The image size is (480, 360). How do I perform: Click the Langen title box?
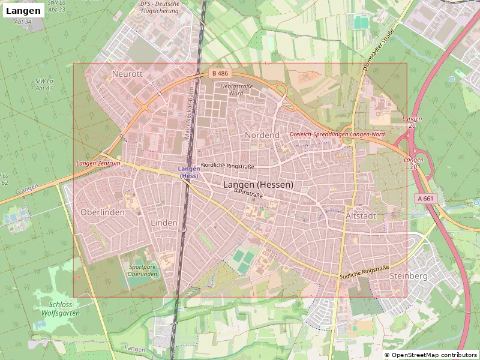(x=23, y=10)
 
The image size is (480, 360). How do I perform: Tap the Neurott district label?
(x=127, y=74)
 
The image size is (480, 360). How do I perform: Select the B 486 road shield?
(x=220, y=73)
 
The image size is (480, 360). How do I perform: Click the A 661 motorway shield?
(x=425, y=198)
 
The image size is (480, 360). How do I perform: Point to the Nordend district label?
(x=262, y=135)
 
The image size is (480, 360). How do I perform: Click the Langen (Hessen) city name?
(x=258, y=185)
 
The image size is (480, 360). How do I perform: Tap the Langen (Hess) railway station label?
(x=189, y=172)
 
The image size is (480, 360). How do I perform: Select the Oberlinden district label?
(x=103, y=212)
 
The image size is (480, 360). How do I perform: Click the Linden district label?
(x=164, y=223)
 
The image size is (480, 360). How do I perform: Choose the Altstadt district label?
(x=361, y=215)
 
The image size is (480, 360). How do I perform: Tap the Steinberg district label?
(x=408, y=276)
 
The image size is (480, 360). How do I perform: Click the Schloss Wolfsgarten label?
(x=61, y=308)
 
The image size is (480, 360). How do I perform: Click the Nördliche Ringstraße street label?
(x=228, y=166)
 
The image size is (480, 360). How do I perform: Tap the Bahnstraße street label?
(x=249, y=194)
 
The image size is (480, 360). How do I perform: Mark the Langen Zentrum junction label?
(x=98, y=163)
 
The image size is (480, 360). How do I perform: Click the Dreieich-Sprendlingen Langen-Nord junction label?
(x=337, y=134)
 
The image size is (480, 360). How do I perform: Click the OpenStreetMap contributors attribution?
(x=431, y=355)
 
